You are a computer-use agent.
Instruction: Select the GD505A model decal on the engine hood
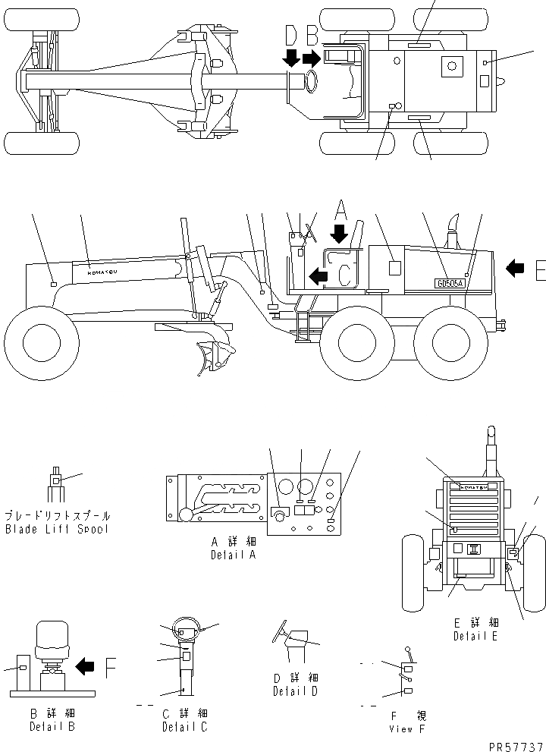[449, 282]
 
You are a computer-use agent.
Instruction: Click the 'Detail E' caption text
[475, 636]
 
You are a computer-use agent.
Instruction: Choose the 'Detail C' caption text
[184, 727]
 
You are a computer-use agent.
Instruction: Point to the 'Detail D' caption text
[295, 691]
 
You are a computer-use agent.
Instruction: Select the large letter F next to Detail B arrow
[110, 667]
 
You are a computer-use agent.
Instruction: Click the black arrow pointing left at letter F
[85, 666]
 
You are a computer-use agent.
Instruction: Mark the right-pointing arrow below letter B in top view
[311, 58]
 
